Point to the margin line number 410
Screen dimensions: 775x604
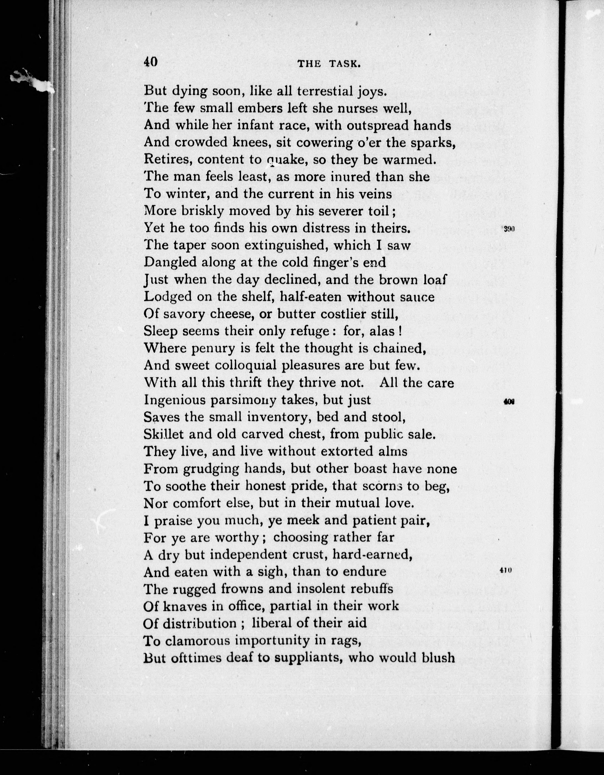point(505,570)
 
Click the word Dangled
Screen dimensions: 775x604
point(170,262)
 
